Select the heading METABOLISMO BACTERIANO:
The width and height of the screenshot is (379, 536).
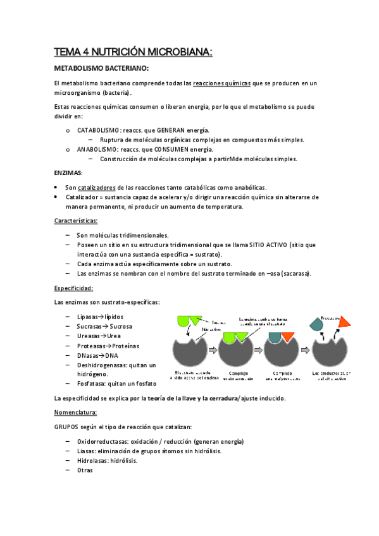pos(101,68)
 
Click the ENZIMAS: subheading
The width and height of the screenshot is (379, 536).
pos(68,173)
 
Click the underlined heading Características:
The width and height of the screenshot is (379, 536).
pos(76,221)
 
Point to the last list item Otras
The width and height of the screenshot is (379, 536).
pos(85,470)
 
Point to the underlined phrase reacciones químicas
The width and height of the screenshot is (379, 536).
pos(221,83)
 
